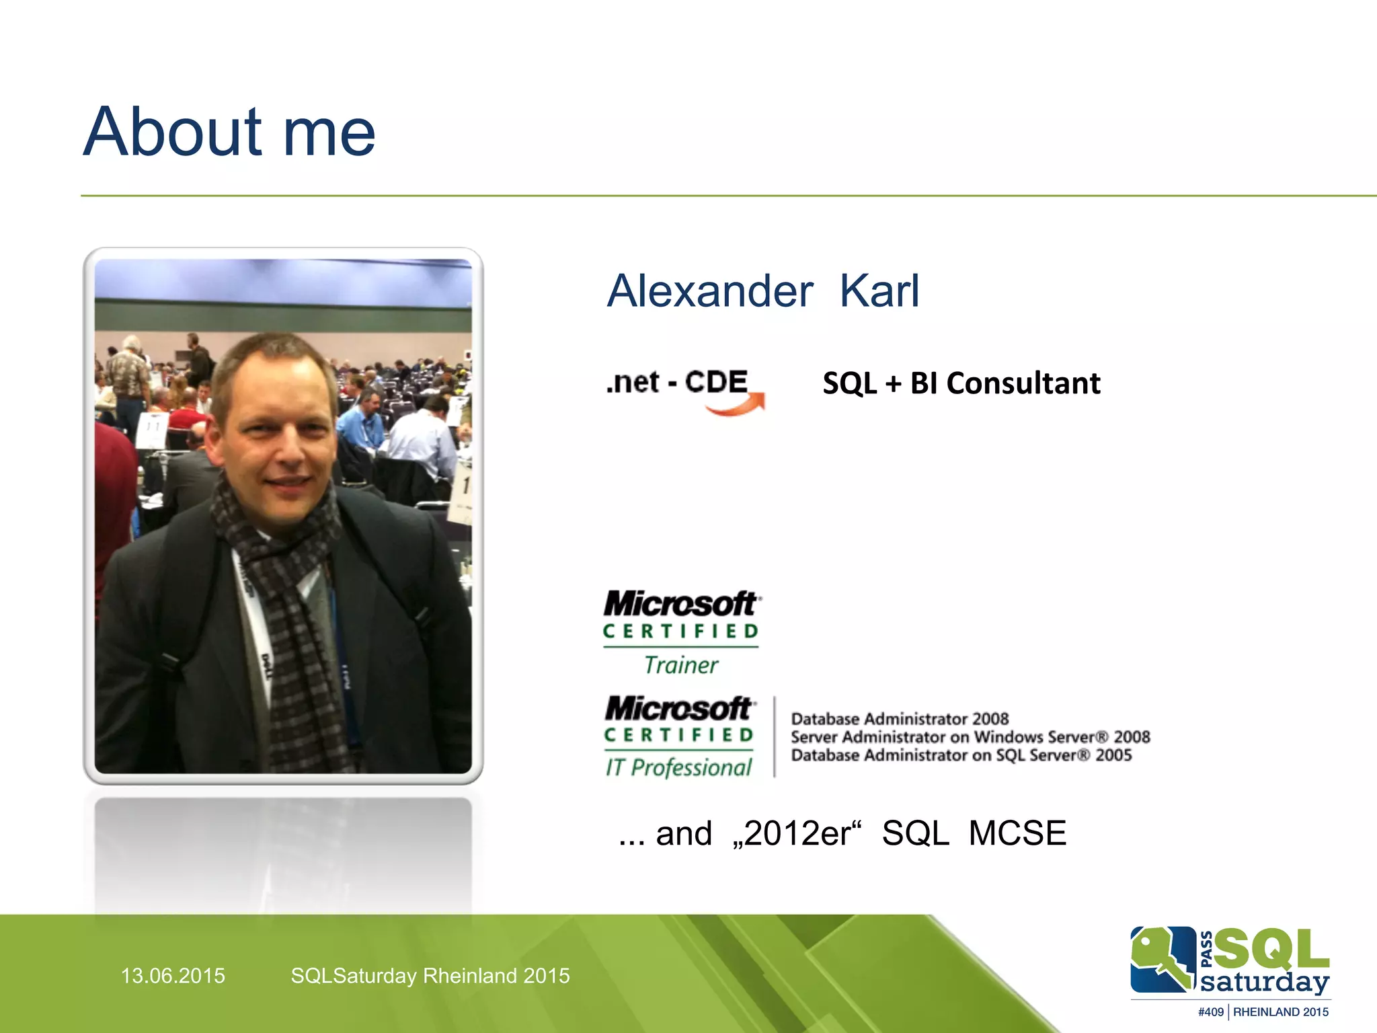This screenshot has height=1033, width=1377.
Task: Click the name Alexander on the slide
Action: point(710,291)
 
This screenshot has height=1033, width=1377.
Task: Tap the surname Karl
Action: point(879,291)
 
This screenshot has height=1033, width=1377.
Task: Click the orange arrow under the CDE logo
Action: point(736,406)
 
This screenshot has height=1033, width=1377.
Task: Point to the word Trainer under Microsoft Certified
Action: point(680,665)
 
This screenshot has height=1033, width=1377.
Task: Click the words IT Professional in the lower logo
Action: point(678,767)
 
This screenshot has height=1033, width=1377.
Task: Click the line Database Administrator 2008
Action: point(900,719)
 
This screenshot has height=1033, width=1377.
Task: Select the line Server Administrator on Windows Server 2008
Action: point(970,737)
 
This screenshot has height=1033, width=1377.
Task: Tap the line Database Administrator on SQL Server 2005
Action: point(961,755)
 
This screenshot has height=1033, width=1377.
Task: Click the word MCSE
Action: point(1017,833)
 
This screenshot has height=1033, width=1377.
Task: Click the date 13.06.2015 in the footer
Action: point(173,976)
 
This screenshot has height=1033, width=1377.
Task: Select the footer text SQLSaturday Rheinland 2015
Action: point(430,976)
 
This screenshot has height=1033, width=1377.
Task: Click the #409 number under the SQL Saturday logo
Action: point(1210,1012)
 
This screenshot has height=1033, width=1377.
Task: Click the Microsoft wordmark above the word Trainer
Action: point(680,603)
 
